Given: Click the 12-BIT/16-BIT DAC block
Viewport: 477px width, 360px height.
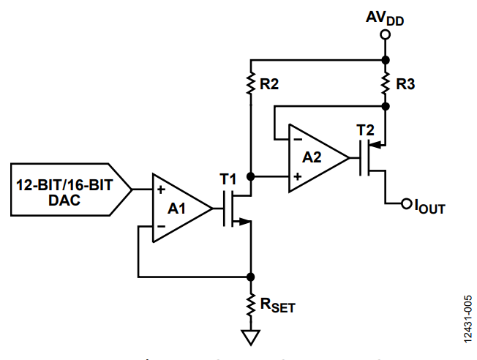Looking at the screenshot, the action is pyautogui.click(x=71, y=190).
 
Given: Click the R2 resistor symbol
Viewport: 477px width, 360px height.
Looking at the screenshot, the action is pyautogui.click(x=251, y=83).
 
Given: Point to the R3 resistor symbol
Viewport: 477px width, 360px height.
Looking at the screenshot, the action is pyautogui.click(x=385, y=83).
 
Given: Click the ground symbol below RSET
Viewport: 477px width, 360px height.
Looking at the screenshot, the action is pyautogui.click(x=251, y=337).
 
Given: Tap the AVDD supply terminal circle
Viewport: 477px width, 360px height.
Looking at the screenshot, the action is pyautogui.click(x=385, y=34).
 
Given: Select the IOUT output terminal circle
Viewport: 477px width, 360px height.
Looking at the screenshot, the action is pyautogui.click(x=407, y=203).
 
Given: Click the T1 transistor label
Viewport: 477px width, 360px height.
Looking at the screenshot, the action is pyautogui.click(x=228, y=179).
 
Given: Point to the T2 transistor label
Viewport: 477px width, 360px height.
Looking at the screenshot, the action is pyautogui.click(x=365, y=130).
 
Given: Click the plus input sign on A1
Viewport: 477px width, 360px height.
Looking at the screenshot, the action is pyautogui.click(x=161, y=190).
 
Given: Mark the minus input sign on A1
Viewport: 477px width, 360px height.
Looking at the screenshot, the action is pyautogui.click(x=161, y=226).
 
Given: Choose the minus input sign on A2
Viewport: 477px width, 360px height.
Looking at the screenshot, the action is pyautogui.click(x=298, y=139).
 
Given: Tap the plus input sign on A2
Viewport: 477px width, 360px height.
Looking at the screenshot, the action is pyautogui.click(x=298, y=176).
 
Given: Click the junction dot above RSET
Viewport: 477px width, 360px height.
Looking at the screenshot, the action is pyautogui.click(x=251, y=277).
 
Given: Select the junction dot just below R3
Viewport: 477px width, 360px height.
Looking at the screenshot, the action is pyautogui.click(x=385, y=106).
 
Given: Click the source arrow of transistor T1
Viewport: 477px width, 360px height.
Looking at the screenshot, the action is pyautogui.click(x=244, y=222).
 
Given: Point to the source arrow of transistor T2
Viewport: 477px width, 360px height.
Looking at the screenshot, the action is pyautogui.click(x=375, y=145).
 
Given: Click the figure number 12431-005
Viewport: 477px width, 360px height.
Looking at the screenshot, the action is pyautogui.click(x=468, y=319).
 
